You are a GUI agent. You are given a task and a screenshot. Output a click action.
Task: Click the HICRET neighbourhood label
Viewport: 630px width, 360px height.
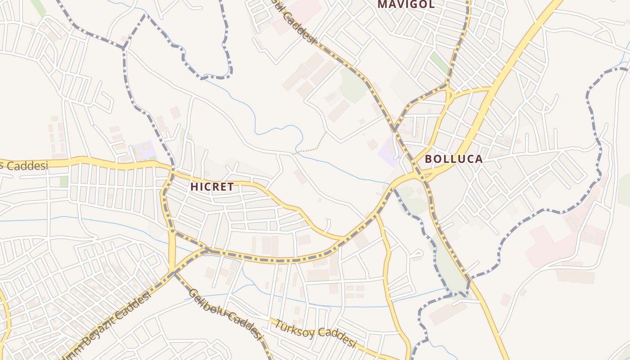coord(212,187)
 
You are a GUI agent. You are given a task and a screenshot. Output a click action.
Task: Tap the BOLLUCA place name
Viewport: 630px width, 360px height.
coord(454,159)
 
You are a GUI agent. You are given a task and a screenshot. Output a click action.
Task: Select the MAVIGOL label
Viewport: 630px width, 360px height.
coord(406,4)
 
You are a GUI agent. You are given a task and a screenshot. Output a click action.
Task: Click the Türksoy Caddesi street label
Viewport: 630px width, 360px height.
coord(315,333)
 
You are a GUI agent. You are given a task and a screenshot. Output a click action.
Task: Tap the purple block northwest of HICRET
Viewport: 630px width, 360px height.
coord(144,149)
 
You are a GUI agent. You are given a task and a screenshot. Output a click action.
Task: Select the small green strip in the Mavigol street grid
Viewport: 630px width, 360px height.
coord(439,63)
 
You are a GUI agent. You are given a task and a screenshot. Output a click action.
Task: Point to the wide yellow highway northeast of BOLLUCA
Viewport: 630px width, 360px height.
coord(517,58)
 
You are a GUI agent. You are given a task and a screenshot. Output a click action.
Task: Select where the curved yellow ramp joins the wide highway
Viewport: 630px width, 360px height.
coord(490,89)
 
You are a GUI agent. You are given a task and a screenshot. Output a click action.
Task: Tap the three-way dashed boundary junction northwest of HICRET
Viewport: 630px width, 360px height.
coord(123,48)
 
